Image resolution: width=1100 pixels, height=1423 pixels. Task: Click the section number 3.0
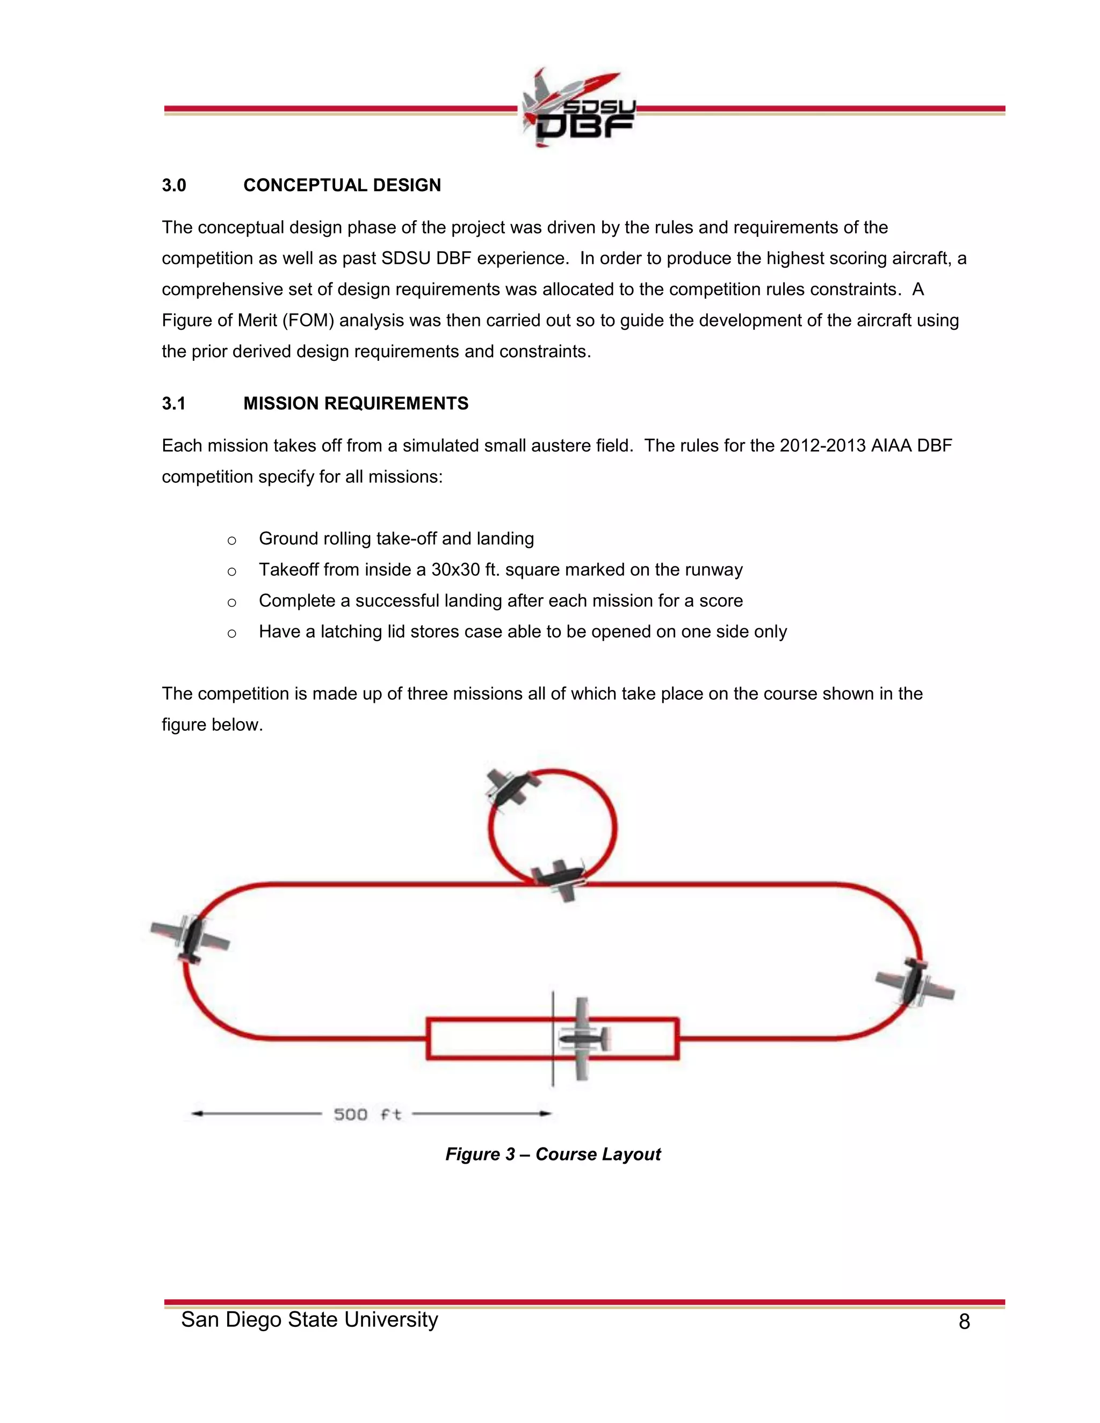coord(174,186)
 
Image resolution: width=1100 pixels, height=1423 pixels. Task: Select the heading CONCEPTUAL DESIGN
coord(342,186)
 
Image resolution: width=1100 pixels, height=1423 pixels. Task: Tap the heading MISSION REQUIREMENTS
coord(356,404)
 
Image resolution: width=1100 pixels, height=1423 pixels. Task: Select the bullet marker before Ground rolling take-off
coord(231,540)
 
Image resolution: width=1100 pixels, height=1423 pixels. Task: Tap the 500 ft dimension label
coord(367,1114)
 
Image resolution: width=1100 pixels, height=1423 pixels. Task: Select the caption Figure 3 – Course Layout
coord(553,1154)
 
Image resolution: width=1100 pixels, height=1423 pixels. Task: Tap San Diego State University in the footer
coord(309,1319)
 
